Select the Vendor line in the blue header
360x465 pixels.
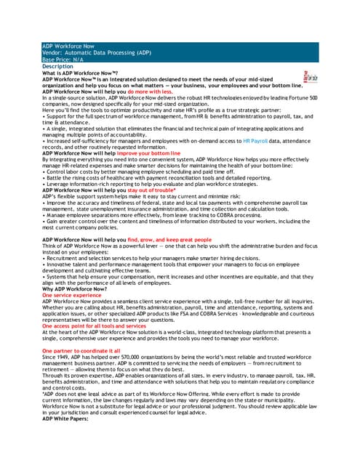tap(96, 53)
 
